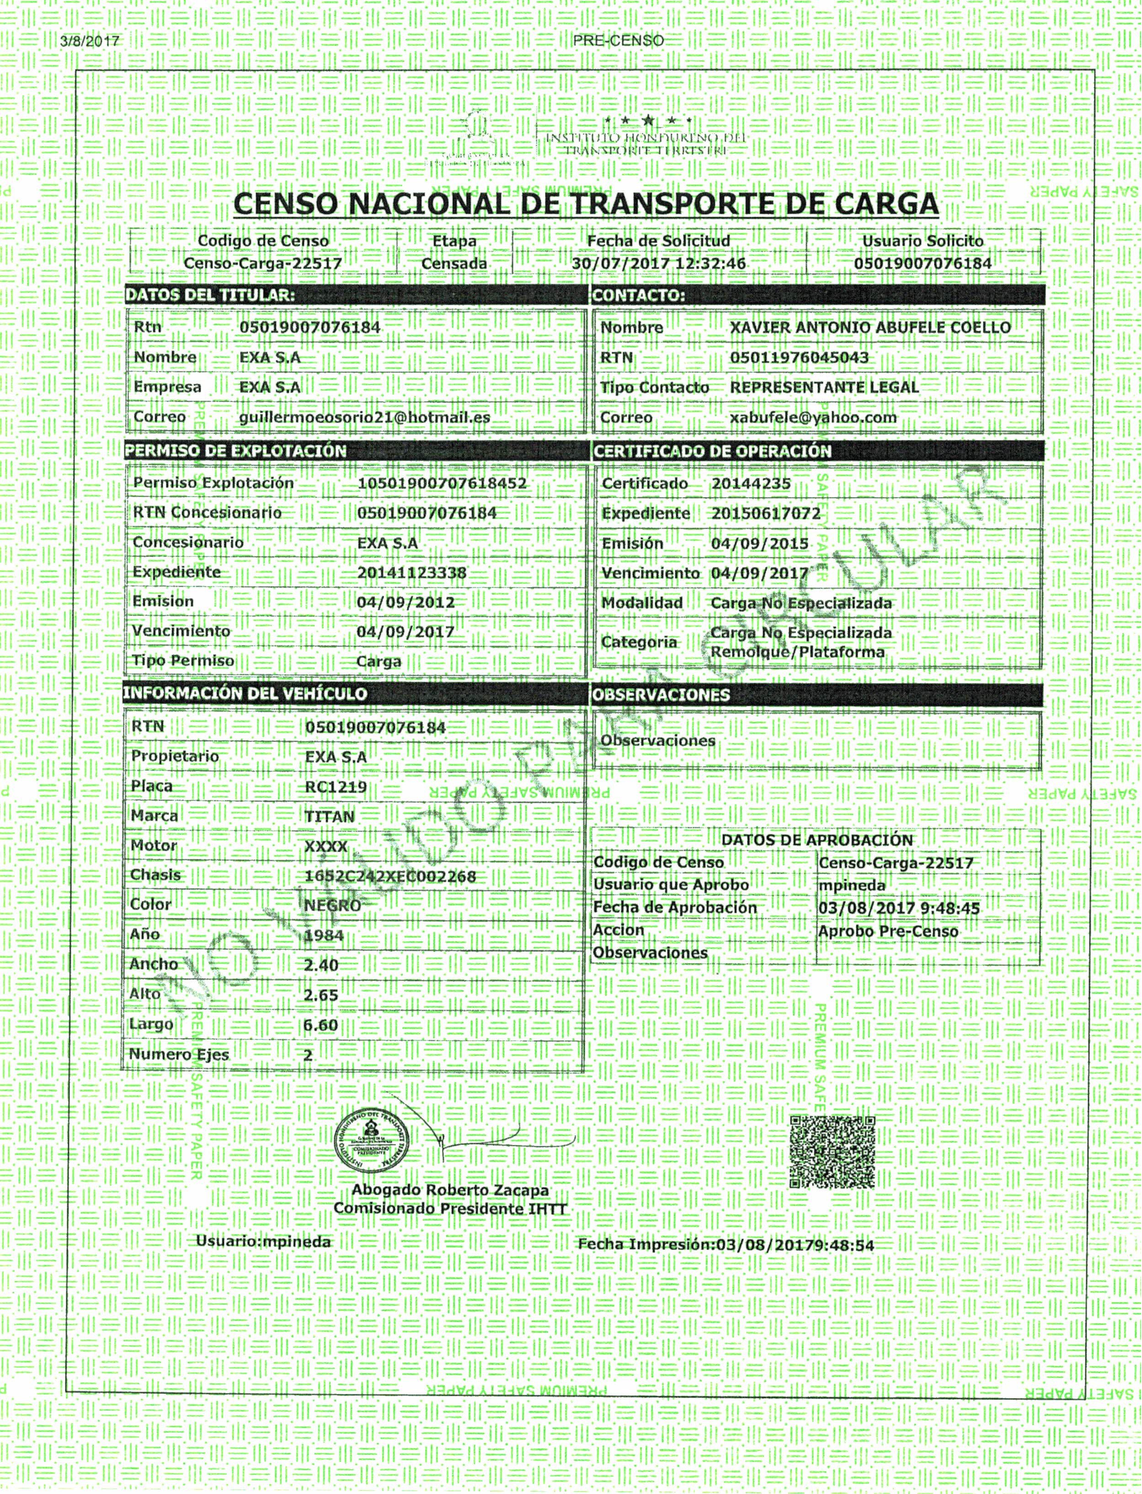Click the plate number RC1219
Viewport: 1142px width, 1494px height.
point(336,787)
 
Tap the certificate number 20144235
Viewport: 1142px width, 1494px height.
point(751,484)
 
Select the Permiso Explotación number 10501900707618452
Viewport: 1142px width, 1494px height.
point(442,483)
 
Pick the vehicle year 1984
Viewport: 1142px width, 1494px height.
point(324,936)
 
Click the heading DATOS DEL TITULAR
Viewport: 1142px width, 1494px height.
point(210,295)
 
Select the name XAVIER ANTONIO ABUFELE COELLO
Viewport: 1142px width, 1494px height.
point(870,328)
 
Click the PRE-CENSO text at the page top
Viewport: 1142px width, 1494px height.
point(618,41)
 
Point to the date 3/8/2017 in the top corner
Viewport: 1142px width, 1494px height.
point(90,41)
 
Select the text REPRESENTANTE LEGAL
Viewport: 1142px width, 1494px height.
point(824,387)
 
